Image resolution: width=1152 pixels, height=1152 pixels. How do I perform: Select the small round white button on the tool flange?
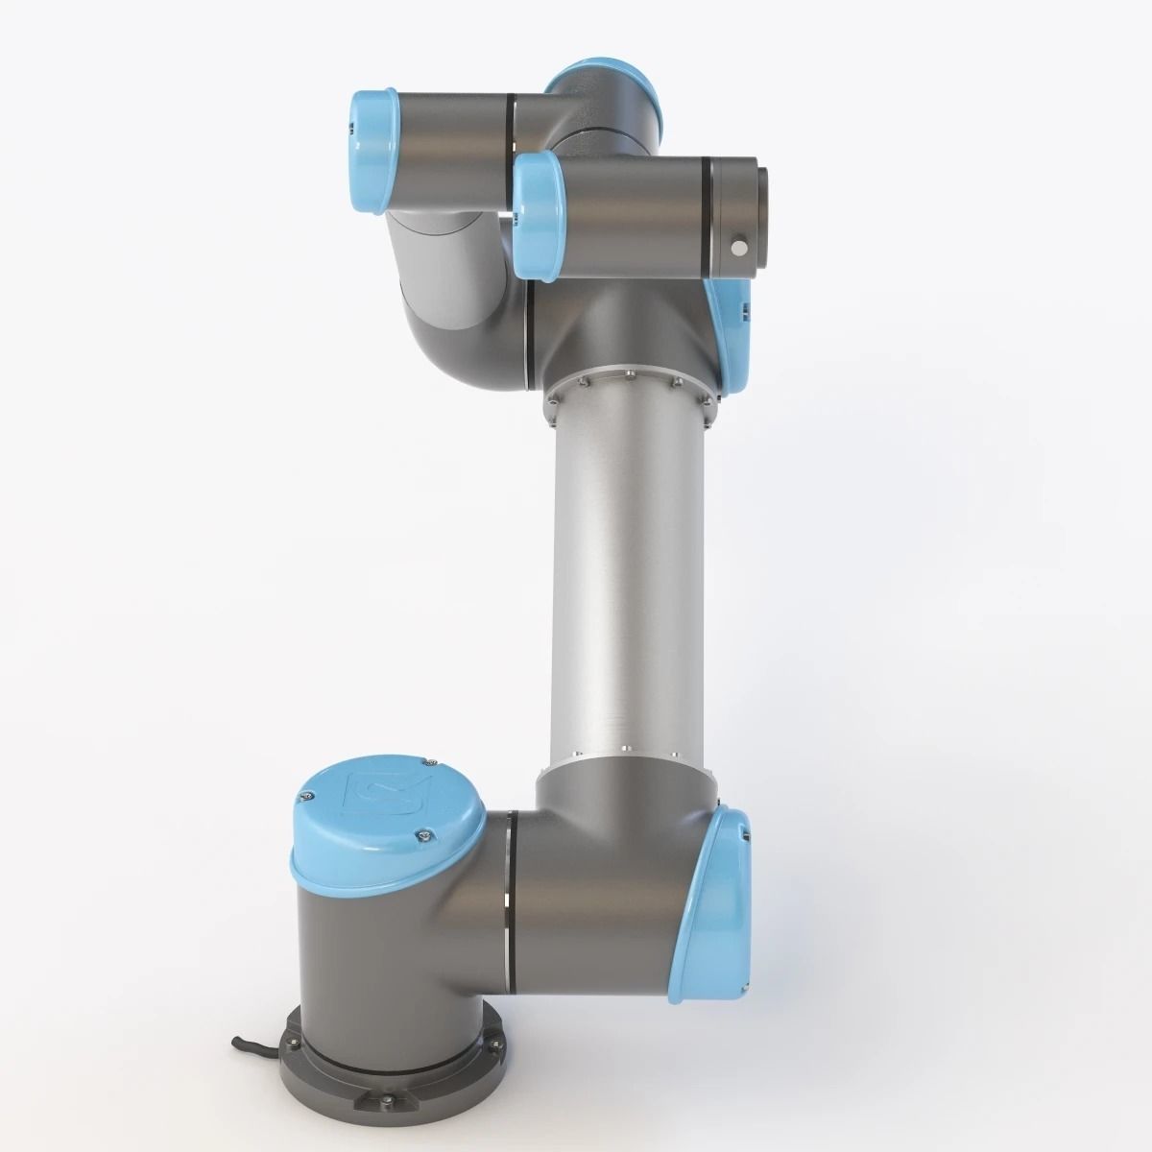coord(738,249)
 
